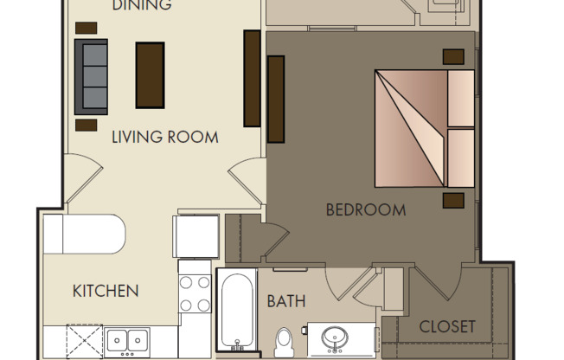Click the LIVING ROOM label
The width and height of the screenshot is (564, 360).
tap(164, 137)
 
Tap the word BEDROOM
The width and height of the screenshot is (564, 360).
tap(366, 209)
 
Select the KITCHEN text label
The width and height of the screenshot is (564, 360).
tap(105, 290)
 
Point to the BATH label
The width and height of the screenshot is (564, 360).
tap(285, 302)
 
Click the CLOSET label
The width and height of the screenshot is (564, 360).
tap(447, 326)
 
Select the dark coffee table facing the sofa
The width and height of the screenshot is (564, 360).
tap(150, 75)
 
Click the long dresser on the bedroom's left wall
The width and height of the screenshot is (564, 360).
tap(277, 98)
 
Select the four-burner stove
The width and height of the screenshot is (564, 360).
tap(195, 292)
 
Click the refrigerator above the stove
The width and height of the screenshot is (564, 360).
tap(196, 235)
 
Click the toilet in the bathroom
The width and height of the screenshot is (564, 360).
tap(283, 341)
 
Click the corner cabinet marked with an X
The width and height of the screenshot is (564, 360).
tap(85, 341)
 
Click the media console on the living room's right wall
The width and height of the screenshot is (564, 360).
tap(252, 78)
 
